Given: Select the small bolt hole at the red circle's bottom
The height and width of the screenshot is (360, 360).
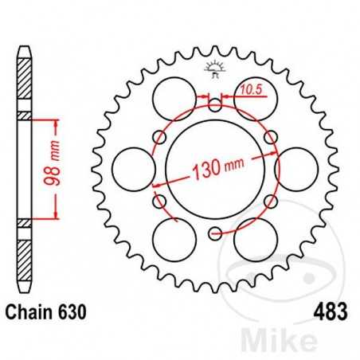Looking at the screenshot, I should (x=214, y=233).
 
